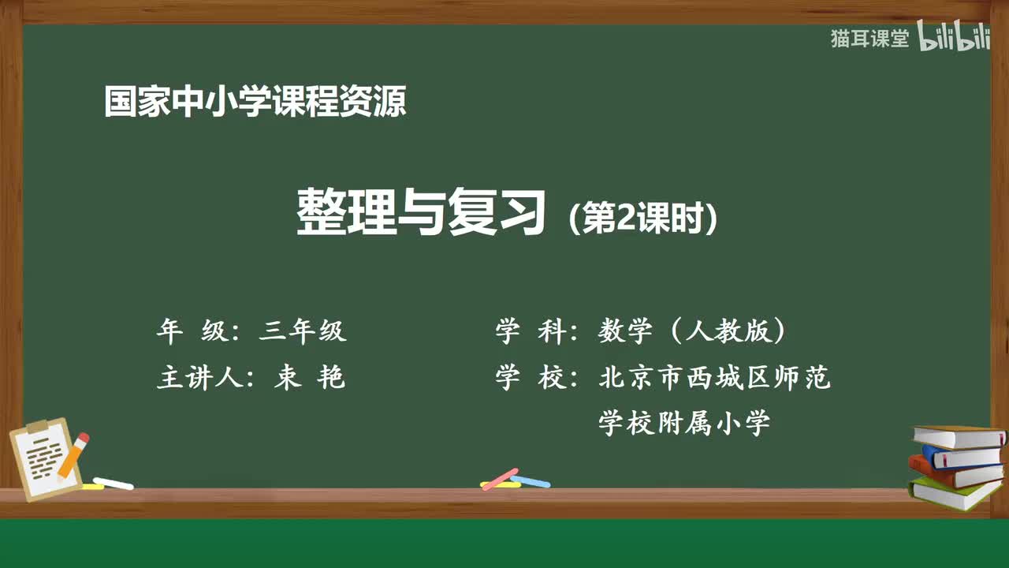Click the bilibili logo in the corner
tap(954, 39)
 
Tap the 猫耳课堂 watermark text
tap(869, 39)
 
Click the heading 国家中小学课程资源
tap(255, 102)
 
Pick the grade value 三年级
tap(303, 331)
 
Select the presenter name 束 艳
tap(309, 378)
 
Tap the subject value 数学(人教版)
tap(692, 331)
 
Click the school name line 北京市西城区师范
tap(714, 378)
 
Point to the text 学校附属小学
tap(683, 424)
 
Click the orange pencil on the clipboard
tap(73, 455)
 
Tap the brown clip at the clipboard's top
tap(38, 427)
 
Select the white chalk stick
tap(113, 483)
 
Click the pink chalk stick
tap(500, 479)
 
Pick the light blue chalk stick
tap(531, 480)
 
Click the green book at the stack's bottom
tap(954, 493)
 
